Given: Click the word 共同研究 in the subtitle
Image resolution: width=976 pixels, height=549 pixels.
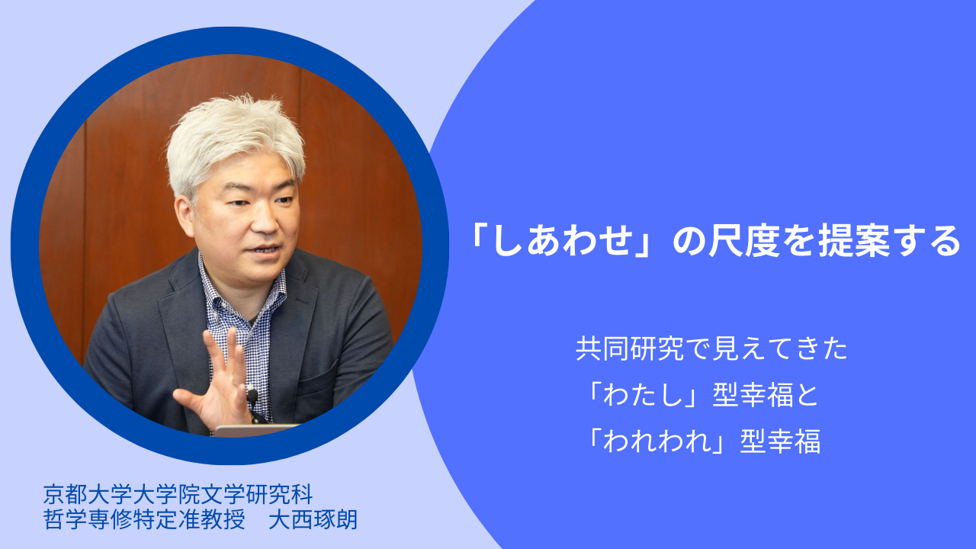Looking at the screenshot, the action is click(x=630, y=348).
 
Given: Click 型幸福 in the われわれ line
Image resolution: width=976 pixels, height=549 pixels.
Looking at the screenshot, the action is click(x=780, y=441).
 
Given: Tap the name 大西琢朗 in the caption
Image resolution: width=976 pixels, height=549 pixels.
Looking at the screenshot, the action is click(x=313, y=519).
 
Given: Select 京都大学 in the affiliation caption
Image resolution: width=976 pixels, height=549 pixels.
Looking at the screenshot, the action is click(x=88, y=494).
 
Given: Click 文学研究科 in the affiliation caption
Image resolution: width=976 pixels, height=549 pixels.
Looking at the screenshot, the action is click(x=257, y=494).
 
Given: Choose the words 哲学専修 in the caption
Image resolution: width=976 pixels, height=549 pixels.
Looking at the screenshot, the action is click(x=88, y=519).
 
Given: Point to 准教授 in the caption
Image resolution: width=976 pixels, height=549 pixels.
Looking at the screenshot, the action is click(x=212, y=519).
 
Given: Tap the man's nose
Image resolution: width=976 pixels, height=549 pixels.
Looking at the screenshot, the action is click(x=264, y=222).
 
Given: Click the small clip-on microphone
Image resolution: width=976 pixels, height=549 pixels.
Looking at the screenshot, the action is click(x=252, y=396).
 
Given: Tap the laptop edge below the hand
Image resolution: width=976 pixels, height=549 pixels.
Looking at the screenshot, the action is click(x=255, y=430).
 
